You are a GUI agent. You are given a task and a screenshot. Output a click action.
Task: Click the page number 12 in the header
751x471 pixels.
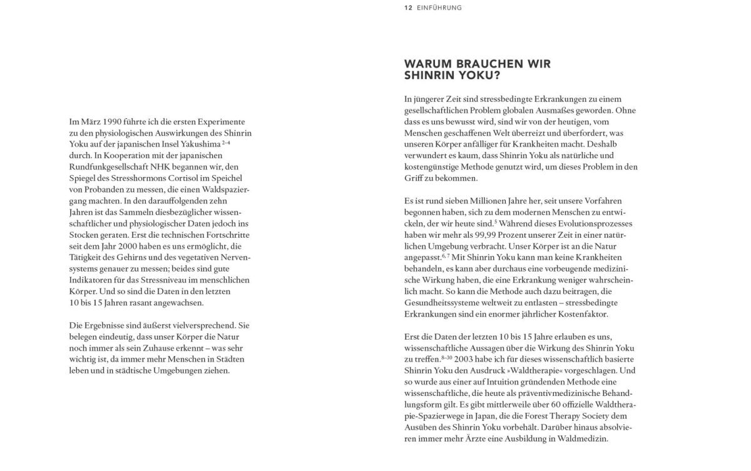[x=408, y=8]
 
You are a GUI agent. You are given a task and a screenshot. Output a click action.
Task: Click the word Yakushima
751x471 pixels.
[x=207, y=144]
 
